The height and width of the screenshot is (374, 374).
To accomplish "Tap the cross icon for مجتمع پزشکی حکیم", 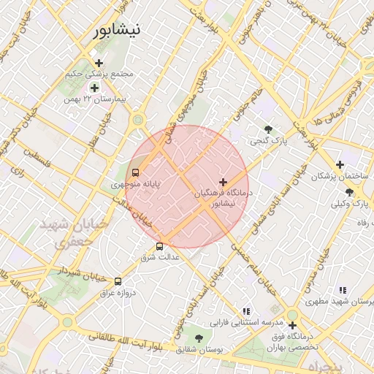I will point(99,63).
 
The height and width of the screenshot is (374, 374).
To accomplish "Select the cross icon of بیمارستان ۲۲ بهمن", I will point(94,88).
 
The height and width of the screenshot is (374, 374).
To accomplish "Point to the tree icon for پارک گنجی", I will point(269,129).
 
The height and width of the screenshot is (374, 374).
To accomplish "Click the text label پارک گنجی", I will point(269,140).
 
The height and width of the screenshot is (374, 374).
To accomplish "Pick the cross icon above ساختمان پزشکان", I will point(340,165).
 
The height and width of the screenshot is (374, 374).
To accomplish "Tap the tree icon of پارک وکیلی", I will point(349,193).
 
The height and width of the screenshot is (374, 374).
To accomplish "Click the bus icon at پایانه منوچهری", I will point(135,173).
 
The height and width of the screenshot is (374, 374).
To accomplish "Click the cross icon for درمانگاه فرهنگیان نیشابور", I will point(223,181).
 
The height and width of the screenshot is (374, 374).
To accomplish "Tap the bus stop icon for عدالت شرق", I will point(160,246).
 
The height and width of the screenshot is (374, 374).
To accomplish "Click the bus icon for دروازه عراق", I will point(118,281).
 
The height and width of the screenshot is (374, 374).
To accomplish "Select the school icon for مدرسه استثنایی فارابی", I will point(246,311).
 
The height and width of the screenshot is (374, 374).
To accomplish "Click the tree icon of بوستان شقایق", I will point(199,338).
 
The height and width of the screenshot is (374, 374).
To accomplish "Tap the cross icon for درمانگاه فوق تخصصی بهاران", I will point(292,325).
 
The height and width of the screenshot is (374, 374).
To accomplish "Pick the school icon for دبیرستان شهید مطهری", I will point(343,291).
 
